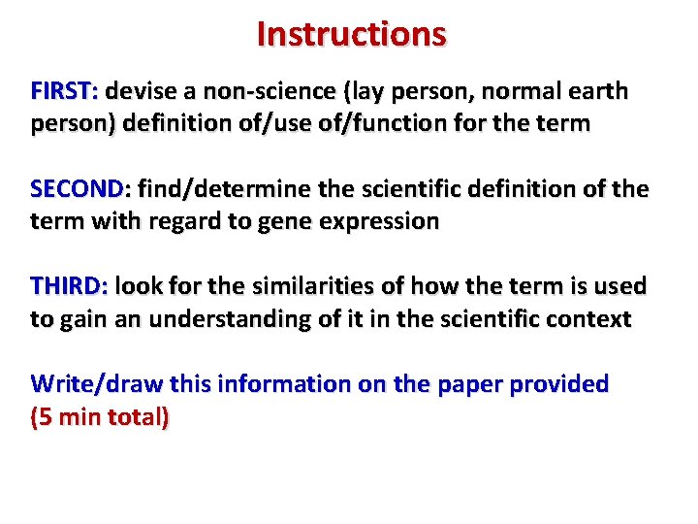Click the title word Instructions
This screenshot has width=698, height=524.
351,34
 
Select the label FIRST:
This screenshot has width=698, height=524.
64,92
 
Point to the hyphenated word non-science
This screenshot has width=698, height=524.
255,92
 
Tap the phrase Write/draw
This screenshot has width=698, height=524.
98,384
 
